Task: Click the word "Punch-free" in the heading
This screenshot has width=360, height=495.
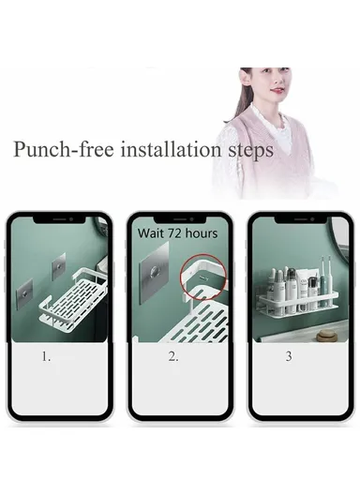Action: (x=64, y=149)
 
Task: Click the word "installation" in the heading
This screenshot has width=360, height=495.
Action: (x=171, y=149)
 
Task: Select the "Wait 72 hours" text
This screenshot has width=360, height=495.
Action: (x=178, y=233)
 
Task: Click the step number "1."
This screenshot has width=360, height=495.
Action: (x=46, y=356)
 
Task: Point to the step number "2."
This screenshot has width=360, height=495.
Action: (x=173, y=356)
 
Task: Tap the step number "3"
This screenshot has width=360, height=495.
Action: (x=289, y=356)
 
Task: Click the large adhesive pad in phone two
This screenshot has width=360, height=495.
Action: (x=154, y=273)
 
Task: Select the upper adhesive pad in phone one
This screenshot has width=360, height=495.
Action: (x=59, y=267)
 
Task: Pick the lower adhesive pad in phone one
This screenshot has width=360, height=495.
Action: (x=24, y=294)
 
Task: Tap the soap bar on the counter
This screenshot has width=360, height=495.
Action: (x=326, y=335)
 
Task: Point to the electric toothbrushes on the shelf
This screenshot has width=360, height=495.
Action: (x=326, y=281)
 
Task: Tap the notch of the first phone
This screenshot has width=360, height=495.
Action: (x=59, y=219)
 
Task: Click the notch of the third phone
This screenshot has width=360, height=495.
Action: (x=300, y=219)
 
